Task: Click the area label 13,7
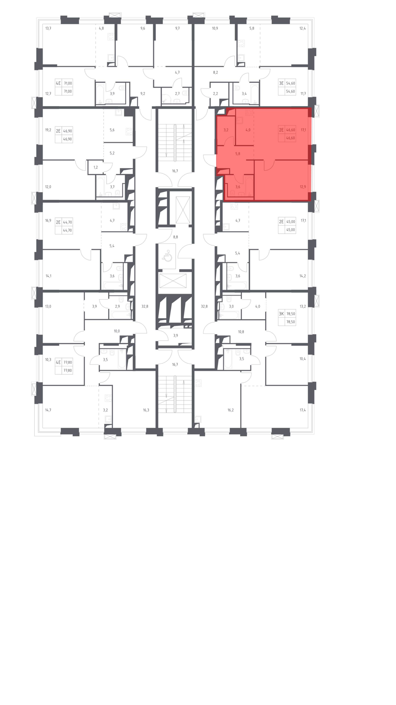tap(48, 28)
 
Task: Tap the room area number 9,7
tap(177, 28)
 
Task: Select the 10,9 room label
tap(215, 28)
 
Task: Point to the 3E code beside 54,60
tap(281, 83)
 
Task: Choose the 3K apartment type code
tap(281, 314)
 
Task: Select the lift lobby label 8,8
tap(175, 237)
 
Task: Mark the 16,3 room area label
tap(146, 410)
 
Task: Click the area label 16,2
tap(231, 410)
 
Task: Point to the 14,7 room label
tap(48, 410)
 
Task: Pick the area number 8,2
tap(216, 73)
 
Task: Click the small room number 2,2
tap(216, 94)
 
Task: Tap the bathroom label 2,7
tap(177, 94)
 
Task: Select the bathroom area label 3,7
tap(112, 187)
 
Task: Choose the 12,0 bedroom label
tap(48, 187)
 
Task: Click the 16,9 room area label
tap(48, 220)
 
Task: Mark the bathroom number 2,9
tap(117, 307)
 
